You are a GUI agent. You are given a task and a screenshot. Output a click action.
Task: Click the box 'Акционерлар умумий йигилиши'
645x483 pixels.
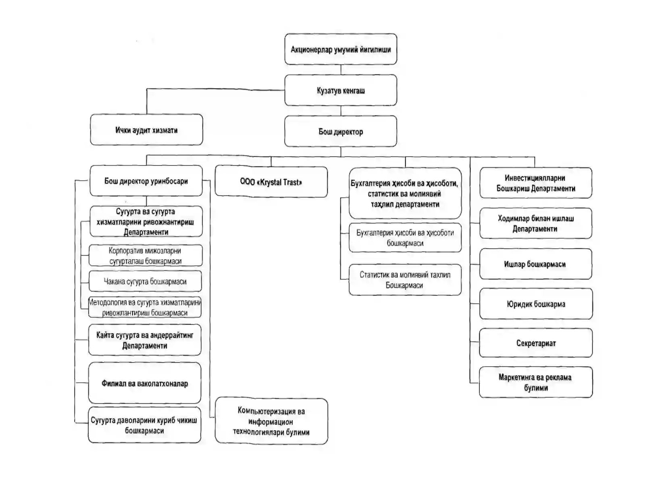click(x=341, y=49)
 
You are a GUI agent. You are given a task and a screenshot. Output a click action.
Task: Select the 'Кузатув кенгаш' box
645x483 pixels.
click(x=341, y=90)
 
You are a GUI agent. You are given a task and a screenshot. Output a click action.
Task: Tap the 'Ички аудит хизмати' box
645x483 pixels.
click(x=146, y=130)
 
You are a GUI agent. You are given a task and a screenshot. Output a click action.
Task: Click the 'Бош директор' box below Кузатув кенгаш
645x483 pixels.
click(x=341, y=131)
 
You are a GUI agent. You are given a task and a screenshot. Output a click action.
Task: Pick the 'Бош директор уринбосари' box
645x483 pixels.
click(x=146, y=181)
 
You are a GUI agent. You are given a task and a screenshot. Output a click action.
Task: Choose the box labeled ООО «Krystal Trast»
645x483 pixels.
click(x=271, y=182)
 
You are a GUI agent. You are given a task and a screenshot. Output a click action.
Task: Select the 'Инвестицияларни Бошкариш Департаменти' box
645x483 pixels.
click(x=536, y=183)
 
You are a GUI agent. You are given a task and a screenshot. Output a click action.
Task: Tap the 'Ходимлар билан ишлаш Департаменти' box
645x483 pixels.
click(x=536, y=223)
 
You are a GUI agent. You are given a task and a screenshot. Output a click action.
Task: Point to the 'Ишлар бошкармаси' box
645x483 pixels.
click(x=536, y=264)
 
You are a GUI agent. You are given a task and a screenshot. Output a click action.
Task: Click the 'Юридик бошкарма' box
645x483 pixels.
click(x=536, y=304)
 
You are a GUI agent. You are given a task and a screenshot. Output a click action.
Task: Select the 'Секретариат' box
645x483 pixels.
click(x=536, y=343)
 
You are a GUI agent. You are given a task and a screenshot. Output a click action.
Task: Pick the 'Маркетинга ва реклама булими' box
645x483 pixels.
click(x=536, y=382)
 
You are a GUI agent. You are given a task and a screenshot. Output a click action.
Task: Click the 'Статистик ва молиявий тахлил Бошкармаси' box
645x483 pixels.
click(x=405, y=280)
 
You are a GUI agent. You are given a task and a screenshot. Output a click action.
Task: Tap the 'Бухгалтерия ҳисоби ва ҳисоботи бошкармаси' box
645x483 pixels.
click(x=405, y=237)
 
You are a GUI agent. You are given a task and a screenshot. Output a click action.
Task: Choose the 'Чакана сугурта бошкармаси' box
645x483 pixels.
click(x=145, y=281)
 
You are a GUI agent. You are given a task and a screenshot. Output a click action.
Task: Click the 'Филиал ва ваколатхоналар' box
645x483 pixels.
click(x=145, y=383)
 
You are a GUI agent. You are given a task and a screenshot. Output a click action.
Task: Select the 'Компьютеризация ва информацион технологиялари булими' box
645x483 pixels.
click(x=271, y=421)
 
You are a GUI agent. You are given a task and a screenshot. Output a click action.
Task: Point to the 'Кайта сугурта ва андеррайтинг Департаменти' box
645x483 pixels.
click(x=145, y=340)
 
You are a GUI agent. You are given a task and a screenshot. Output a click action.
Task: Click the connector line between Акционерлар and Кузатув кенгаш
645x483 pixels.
click(x=341, y=70)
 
